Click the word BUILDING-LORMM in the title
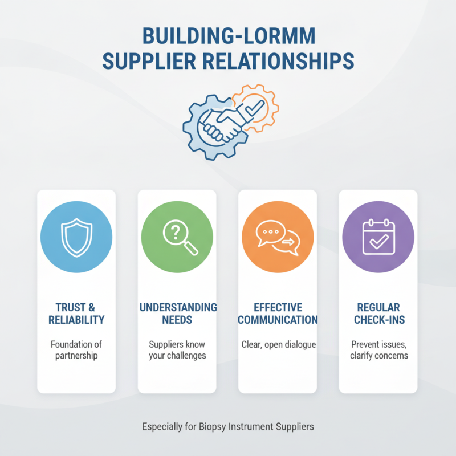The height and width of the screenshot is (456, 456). pyautogui.click(x=229, y=36)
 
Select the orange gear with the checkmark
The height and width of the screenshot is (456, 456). pyautogui.click(x=255, y=108)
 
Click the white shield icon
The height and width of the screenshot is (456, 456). pyautogui.click(x=76, y=238)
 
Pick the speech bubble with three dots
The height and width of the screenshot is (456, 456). pyautogui.click(x=270, y=233)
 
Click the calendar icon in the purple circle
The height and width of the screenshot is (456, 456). pyautogui.click(x=378, y=237)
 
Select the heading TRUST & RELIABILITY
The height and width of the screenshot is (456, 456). pyautogui.click(x=76, y=313)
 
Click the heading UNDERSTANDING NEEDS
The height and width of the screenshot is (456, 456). pyautogui.click(x=178, y=313)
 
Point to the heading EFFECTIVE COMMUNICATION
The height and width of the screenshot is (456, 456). pyautogui.click(x=278, y=313)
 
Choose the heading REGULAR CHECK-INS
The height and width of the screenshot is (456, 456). pyautogui.click(x=379, y=313)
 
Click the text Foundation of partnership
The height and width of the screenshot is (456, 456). pyautogui.click(x=76, y=350)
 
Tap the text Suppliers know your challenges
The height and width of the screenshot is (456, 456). pyautogui.click(x=177, y=350)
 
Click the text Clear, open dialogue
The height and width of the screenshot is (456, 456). pyautogui.click(x=279, y=345)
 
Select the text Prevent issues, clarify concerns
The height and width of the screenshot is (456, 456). pyautogui.click(x=379, y=350)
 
